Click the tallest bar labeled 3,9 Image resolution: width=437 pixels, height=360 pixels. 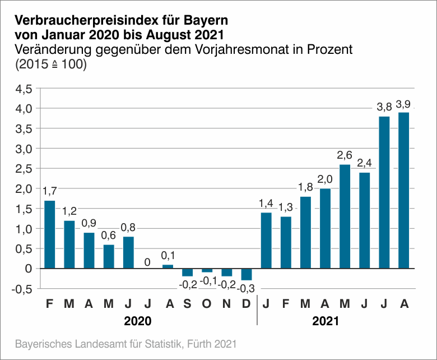click(403, 191)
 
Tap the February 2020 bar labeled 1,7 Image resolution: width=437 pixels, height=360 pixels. click(50, 234)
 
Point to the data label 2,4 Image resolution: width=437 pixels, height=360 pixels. click(364, 163)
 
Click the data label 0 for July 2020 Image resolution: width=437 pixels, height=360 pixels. click(148, 261)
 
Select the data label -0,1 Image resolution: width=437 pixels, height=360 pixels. click(207, 280)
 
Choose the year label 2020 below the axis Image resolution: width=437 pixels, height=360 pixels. click(138, 322)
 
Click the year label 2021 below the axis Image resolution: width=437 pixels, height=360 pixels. click(325, 322)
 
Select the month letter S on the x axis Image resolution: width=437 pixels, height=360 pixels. click(187, 304)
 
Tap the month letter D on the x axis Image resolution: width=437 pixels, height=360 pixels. click(247, 304)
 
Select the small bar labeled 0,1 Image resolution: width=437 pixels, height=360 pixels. click(168, 266)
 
